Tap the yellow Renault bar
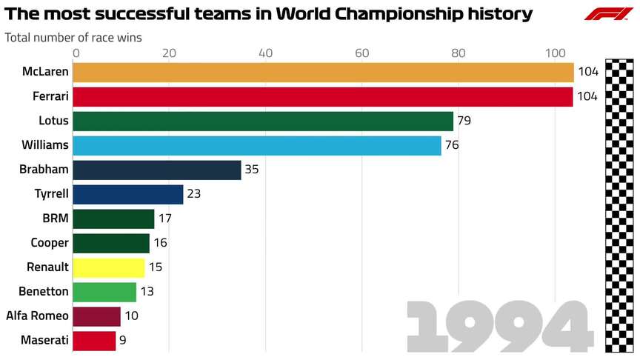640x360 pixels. [x=109, y=267]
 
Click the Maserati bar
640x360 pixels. [x=94, y=341]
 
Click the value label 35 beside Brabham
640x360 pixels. [x=252, y=170]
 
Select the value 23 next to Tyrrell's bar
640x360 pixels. [x=193, y=194]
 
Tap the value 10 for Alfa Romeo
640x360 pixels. [x=131, y=316]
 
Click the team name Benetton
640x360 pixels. [x=44, y=292]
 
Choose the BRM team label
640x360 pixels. [x=56, y=219]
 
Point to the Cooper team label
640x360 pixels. [x=50, y=243]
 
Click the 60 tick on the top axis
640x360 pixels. [x=362, y=53]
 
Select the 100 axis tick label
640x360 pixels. [x=555, y=53]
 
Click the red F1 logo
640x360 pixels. [x=608, y=14]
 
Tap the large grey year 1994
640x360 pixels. [x=501, y=327]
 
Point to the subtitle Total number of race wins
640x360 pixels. [x=73, y=36]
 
